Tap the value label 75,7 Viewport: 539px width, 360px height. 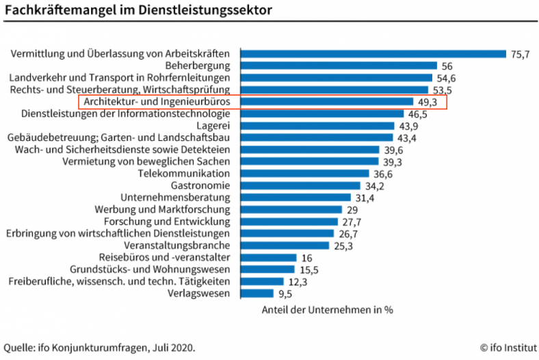pos(521,54)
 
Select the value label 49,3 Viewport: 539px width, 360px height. pos(428,102)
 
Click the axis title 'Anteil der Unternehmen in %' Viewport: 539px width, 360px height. pos(327,309)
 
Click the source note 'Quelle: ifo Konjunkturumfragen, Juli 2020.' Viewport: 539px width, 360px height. pos(99,347)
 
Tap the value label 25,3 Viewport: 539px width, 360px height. pos(343,246)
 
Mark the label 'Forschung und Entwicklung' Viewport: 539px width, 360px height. pos(172,222)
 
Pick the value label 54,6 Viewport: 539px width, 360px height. pos(445,78)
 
